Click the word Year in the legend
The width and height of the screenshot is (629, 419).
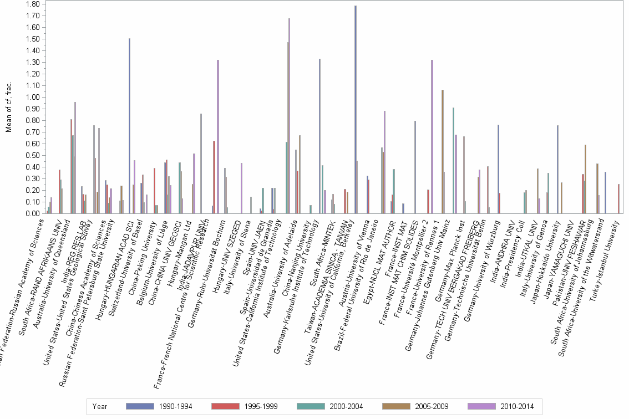coord(100,406)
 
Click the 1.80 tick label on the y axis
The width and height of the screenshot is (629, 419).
coord(32,4)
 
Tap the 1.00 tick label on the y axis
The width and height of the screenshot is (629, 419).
coord(32,97)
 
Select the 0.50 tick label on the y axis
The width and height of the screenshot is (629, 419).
coord(32,155)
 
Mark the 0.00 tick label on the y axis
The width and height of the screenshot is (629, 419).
coord(32,213)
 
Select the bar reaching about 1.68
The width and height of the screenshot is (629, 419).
coord(289,116)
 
